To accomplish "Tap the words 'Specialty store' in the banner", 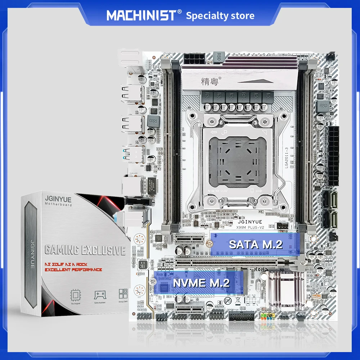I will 220,15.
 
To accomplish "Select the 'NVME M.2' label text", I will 201,283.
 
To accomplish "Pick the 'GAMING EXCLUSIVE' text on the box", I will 85,250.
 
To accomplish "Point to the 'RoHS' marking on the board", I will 261,269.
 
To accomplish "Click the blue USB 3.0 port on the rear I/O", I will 127,153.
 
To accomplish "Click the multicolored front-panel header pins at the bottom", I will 266,318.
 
